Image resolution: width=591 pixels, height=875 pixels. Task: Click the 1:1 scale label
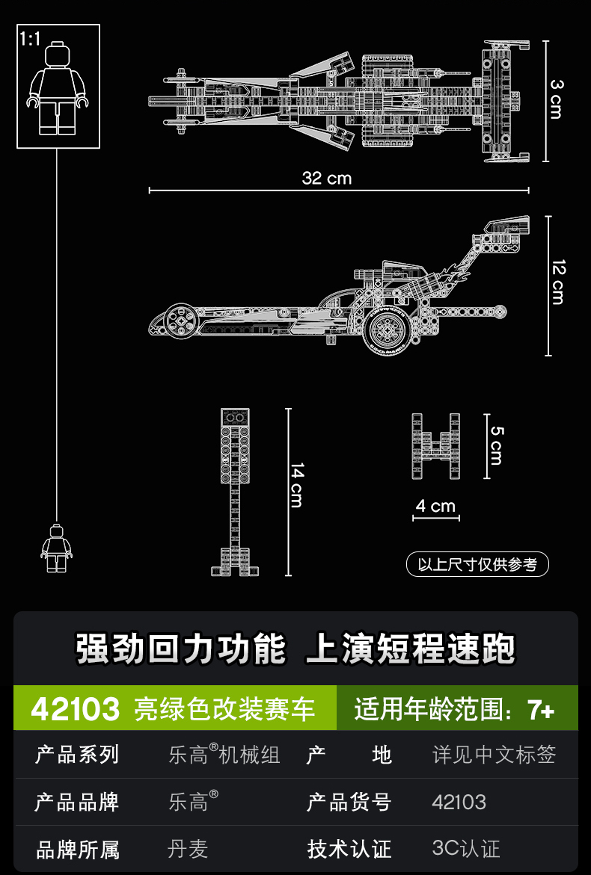coord(30,39)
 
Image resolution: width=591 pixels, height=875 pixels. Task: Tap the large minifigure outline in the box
coord(58,90)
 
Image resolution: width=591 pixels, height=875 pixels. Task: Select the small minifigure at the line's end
coord(57,548)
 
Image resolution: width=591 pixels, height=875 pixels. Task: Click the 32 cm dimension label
coord(326,178)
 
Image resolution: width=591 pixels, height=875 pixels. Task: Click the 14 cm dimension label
coord(297,485)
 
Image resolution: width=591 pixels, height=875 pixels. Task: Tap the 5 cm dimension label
coord(496,445)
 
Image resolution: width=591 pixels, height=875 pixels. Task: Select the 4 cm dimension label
coord(435,506)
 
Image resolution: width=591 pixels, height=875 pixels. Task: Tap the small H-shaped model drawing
coord(435,446)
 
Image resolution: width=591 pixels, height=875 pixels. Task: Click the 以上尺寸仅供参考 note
coord(477,564)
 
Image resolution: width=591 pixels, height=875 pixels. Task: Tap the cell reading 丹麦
coord(188,849)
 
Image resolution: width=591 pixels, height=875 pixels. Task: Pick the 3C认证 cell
coord(466,849)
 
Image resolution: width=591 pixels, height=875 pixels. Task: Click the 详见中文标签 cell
coord(494,755)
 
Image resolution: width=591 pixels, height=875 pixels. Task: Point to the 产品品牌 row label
coord(77,803)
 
